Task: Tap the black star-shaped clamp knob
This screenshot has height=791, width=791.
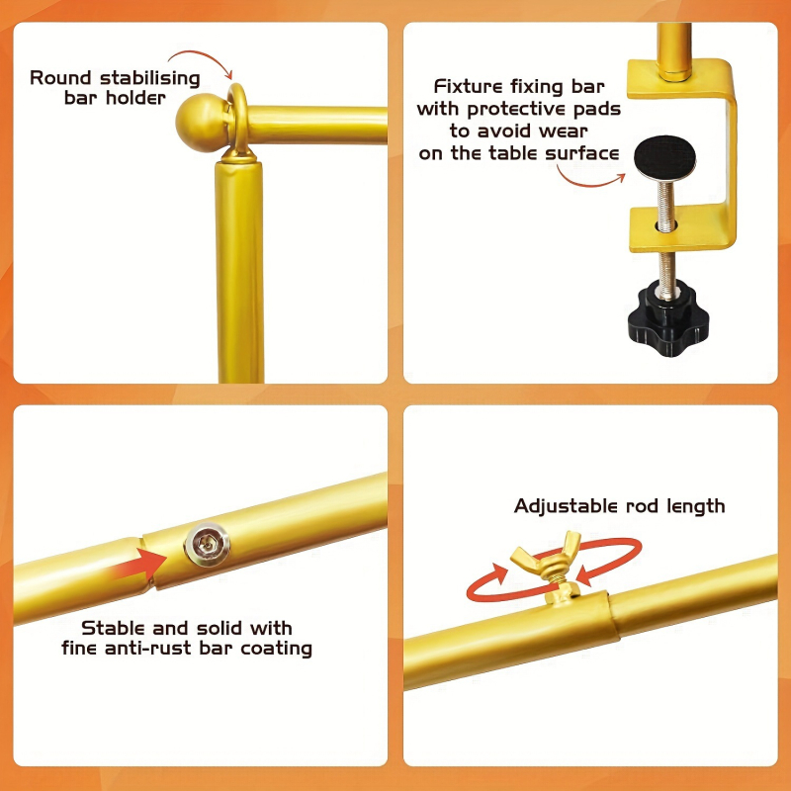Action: [x=668, y=318]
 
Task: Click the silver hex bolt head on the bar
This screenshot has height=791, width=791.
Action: [x=208, y=545]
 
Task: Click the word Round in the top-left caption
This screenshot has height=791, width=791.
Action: [x=60, y=78]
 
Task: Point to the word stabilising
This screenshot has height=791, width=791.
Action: [x=150, y=79]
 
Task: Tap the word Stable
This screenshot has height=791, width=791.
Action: [x=113, y=628]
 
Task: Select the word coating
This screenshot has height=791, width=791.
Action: [x=276, y=650]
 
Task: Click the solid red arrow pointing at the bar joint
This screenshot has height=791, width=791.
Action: [x=138, y=564]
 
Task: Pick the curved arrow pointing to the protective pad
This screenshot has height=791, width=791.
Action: [x=590, y=180]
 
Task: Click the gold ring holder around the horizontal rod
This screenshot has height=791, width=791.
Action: [x=238, y=121]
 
